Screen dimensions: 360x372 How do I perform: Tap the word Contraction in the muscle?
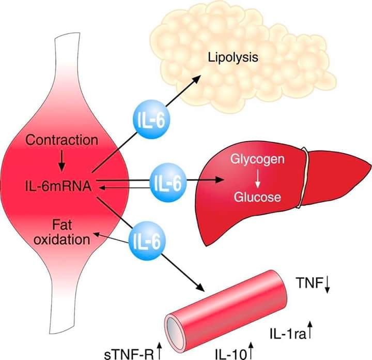61,140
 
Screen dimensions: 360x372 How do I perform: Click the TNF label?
308,282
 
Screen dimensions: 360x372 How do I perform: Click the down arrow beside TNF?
327,283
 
